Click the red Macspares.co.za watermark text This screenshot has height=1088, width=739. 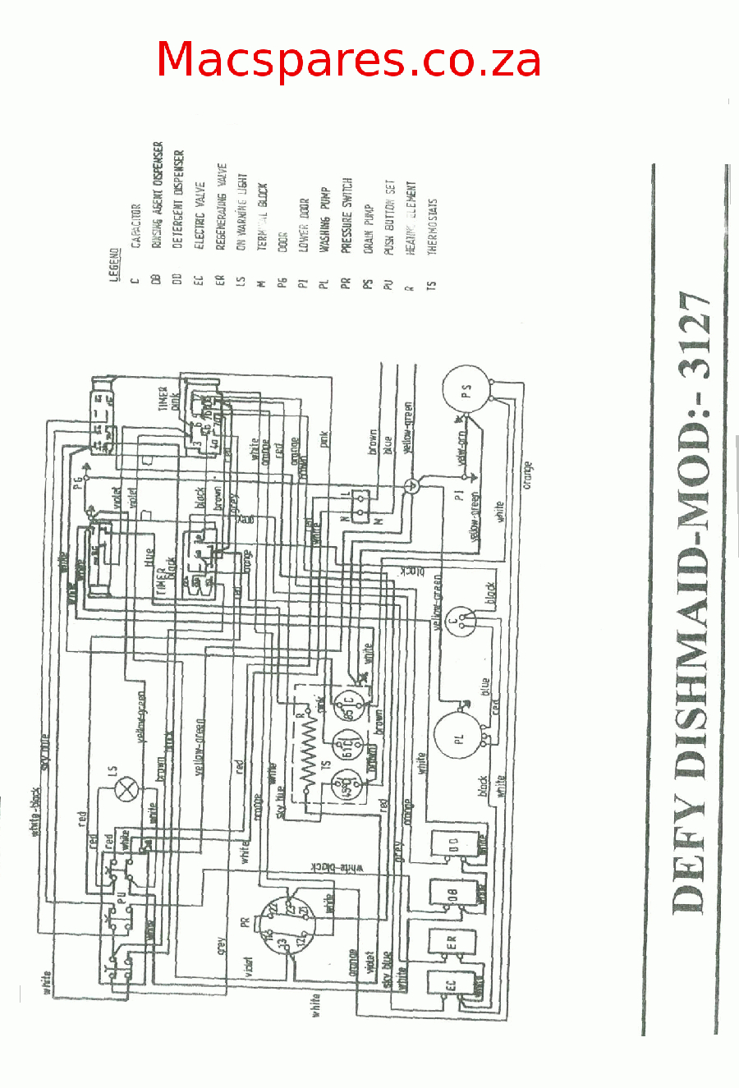point(348,59)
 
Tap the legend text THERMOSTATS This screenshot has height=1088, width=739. point(433,226)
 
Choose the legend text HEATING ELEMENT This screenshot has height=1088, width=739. point(411,217)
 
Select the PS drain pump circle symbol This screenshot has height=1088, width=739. point(466,392)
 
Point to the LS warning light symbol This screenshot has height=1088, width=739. point(126,791)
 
